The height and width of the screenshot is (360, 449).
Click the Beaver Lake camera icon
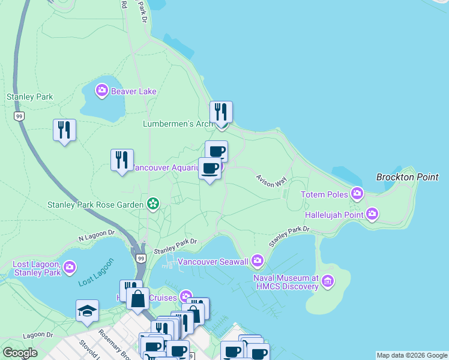coord(101,91)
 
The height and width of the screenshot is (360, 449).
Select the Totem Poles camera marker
coord(358,193)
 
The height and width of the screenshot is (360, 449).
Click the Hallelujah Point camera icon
coord(372,214)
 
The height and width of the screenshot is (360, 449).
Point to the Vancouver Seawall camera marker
coord(258,260)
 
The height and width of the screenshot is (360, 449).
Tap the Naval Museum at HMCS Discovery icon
coord(328,280)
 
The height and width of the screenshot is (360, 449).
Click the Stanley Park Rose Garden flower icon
coord(153,204)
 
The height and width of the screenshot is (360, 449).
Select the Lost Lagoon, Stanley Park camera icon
coord(70,266)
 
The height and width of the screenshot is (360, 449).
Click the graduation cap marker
coord(87,311)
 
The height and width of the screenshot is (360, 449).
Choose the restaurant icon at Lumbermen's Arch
coord(221,112)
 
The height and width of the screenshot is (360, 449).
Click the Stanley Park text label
coord(29,97)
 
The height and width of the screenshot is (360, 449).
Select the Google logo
coord(20,353)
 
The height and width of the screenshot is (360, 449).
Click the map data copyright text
coord(412,355)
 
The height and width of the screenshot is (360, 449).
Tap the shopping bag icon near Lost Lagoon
coord(137,298)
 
